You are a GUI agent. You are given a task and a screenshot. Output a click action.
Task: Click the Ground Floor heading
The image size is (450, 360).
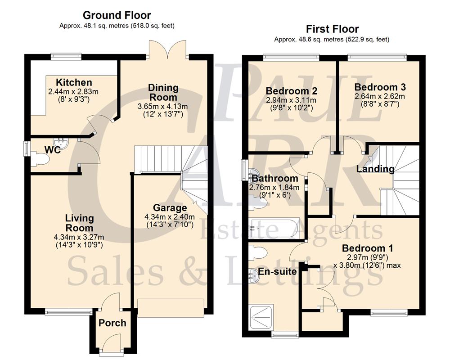(117, 16)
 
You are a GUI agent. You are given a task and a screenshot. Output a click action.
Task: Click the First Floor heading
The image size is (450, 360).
(333, 29)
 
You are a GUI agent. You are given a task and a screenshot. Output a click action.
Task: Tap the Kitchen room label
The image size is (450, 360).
(74, 82)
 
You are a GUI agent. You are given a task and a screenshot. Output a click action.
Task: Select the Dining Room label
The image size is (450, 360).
(163, 92)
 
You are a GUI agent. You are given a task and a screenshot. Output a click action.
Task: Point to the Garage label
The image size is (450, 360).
(170, 208)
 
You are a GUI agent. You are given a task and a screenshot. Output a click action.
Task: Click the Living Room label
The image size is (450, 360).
(79, 223)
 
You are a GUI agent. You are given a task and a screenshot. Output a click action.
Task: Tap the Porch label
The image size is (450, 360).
(112, 323)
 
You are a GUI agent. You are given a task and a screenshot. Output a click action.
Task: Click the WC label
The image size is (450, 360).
(53, 149)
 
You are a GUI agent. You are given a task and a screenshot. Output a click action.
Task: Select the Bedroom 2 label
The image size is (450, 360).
(289, 90)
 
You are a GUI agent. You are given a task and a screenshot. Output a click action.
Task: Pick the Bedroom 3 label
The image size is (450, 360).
(377, 87)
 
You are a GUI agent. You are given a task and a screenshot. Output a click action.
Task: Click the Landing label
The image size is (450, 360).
(375, 169)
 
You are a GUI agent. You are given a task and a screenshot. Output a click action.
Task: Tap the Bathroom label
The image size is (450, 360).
(274, 179)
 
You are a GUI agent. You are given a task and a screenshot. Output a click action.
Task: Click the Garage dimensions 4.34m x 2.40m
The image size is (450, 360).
(166, 216)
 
